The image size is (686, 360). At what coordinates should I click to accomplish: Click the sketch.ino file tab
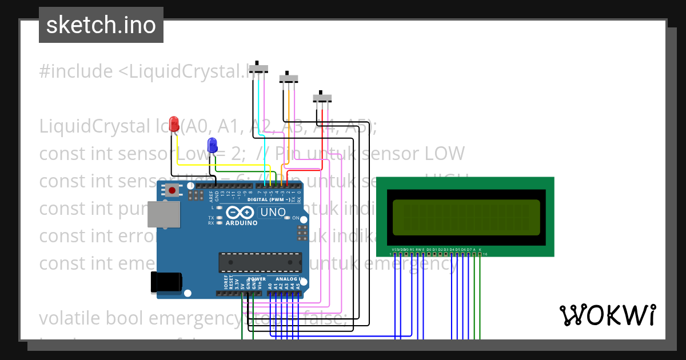pyautogui.click(x=101, y=25)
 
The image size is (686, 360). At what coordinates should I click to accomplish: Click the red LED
pyautogui.click(x=174, y=123)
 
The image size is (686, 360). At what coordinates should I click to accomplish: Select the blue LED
pyautogui.click(x=212, y=145)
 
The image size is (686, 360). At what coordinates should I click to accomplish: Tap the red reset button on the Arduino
pyautogui.click(x=171, y=190)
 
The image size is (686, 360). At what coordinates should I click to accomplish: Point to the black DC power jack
pyautogui.click(x=166, y=282)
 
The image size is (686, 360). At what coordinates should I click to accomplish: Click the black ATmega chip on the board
pyautogui.click(x=260, y=262)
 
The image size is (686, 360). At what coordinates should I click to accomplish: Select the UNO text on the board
pyautogui.click(x=273, y=213)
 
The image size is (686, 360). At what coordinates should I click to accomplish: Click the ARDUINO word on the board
pyautogui.click(x=242, y=223)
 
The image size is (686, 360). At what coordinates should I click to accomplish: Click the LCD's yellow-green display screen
pyautogui.click(x=466, y=217)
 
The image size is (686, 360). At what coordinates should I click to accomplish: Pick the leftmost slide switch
pyautogui.click(x=260, y=69)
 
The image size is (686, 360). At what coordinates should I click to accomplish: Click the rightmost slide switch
pyautogui.click(x=322, y=98)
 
